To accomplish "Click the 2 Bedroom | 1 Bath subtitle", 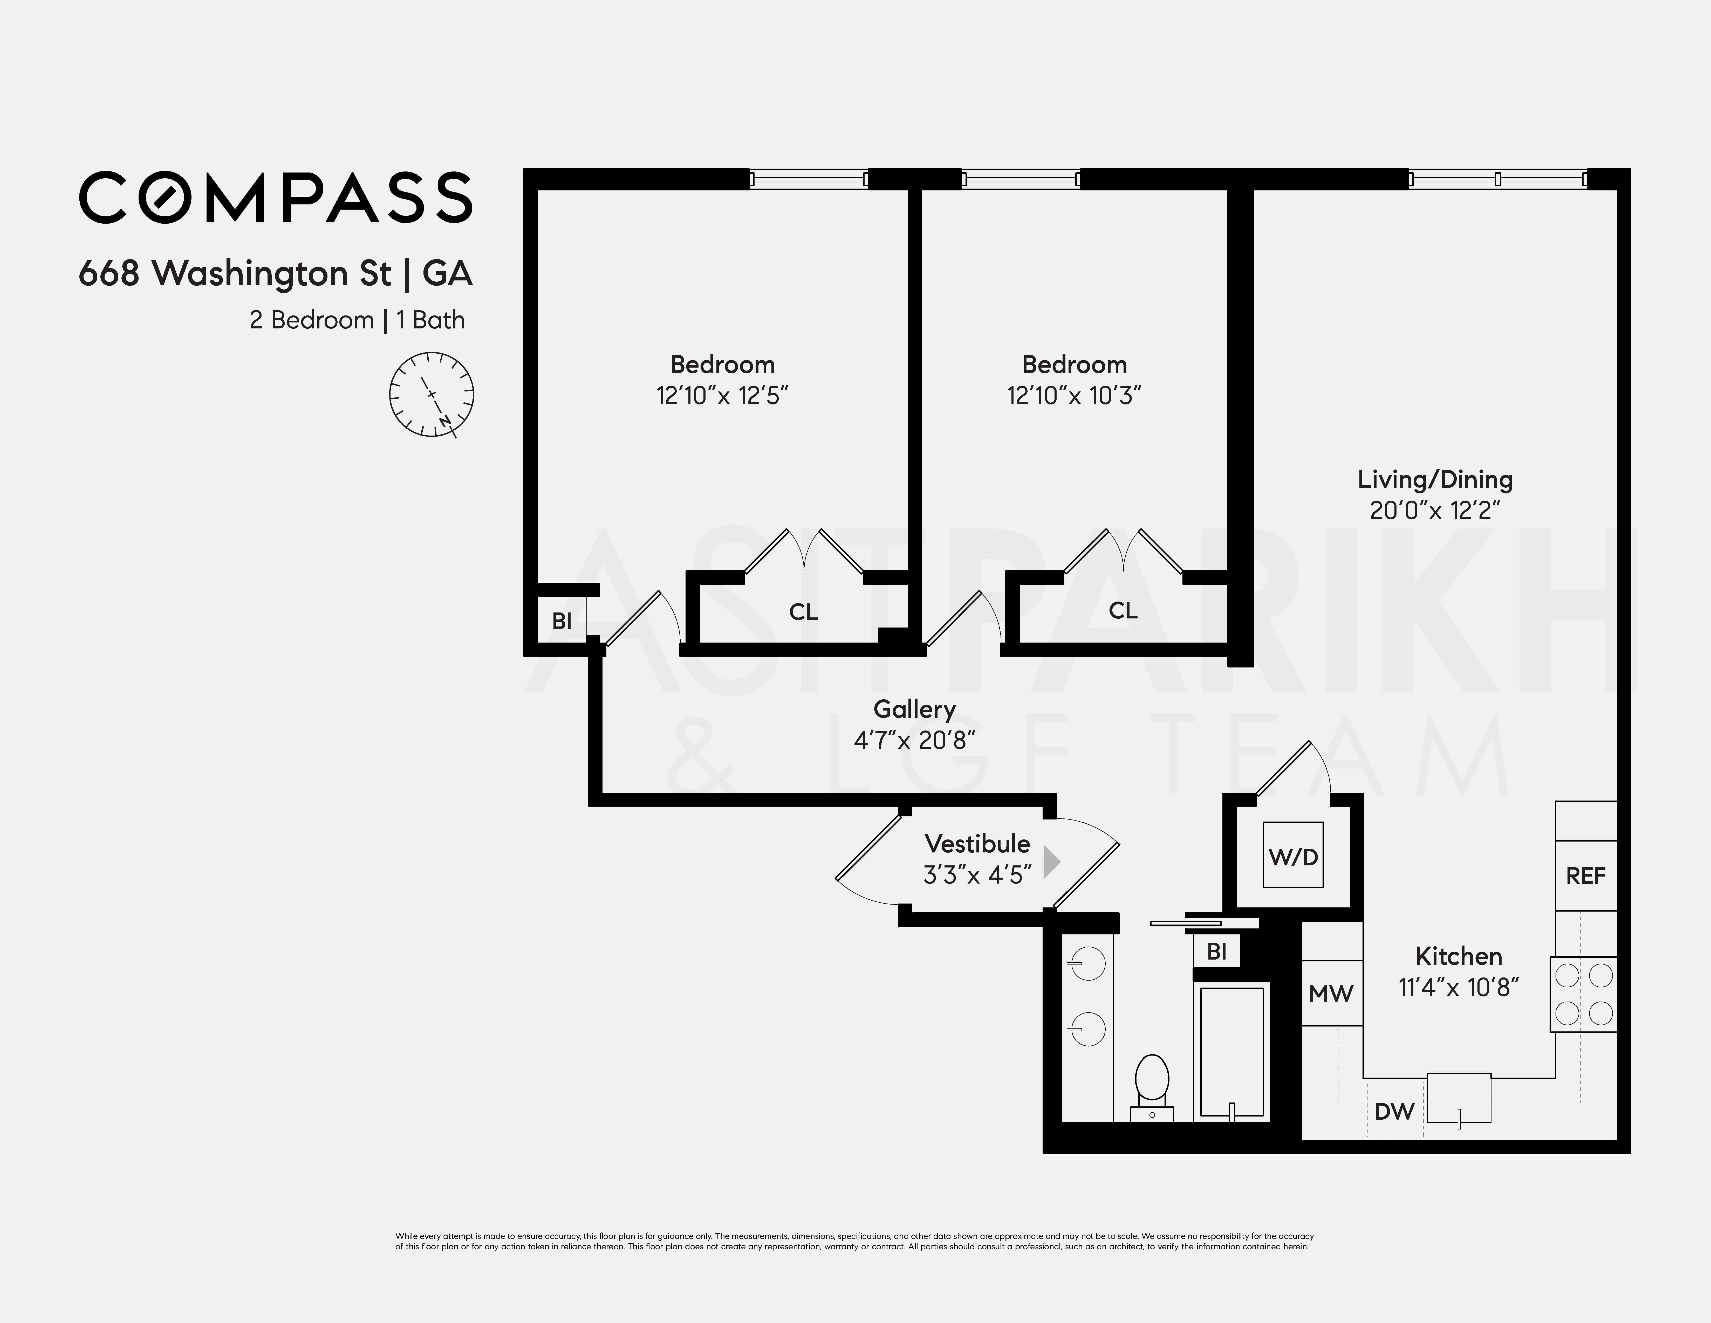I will point(357,320).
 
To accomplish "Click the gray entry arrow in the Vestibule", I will point(1051,863).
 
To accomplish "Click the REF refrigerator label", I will point(1586,876).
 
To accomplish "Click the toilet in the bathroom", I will point(1152,1085).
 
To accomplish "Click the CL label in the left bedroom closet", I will point(803,612).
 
